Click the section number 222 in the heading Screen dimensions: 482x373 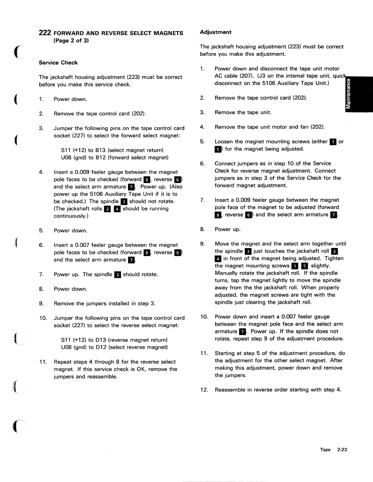45,33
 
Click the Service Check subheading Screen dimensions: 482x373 58,63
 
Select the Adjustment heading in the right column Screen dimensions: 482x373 215,32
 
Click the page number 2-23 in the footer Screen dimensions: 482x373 342,450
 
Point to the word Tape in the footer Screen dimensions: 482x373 325,450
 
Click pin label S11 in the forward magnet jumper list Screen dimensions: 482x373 66,150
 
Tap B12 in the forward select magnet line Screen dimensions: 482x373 101,158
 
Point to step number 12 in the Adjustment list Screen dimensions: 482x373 204,390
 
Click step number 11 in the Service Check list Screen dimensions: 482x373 43,362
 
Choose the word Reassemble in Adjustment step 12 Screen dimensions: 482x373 230,390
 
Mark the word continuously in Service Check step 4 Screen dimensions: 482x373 70,216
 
